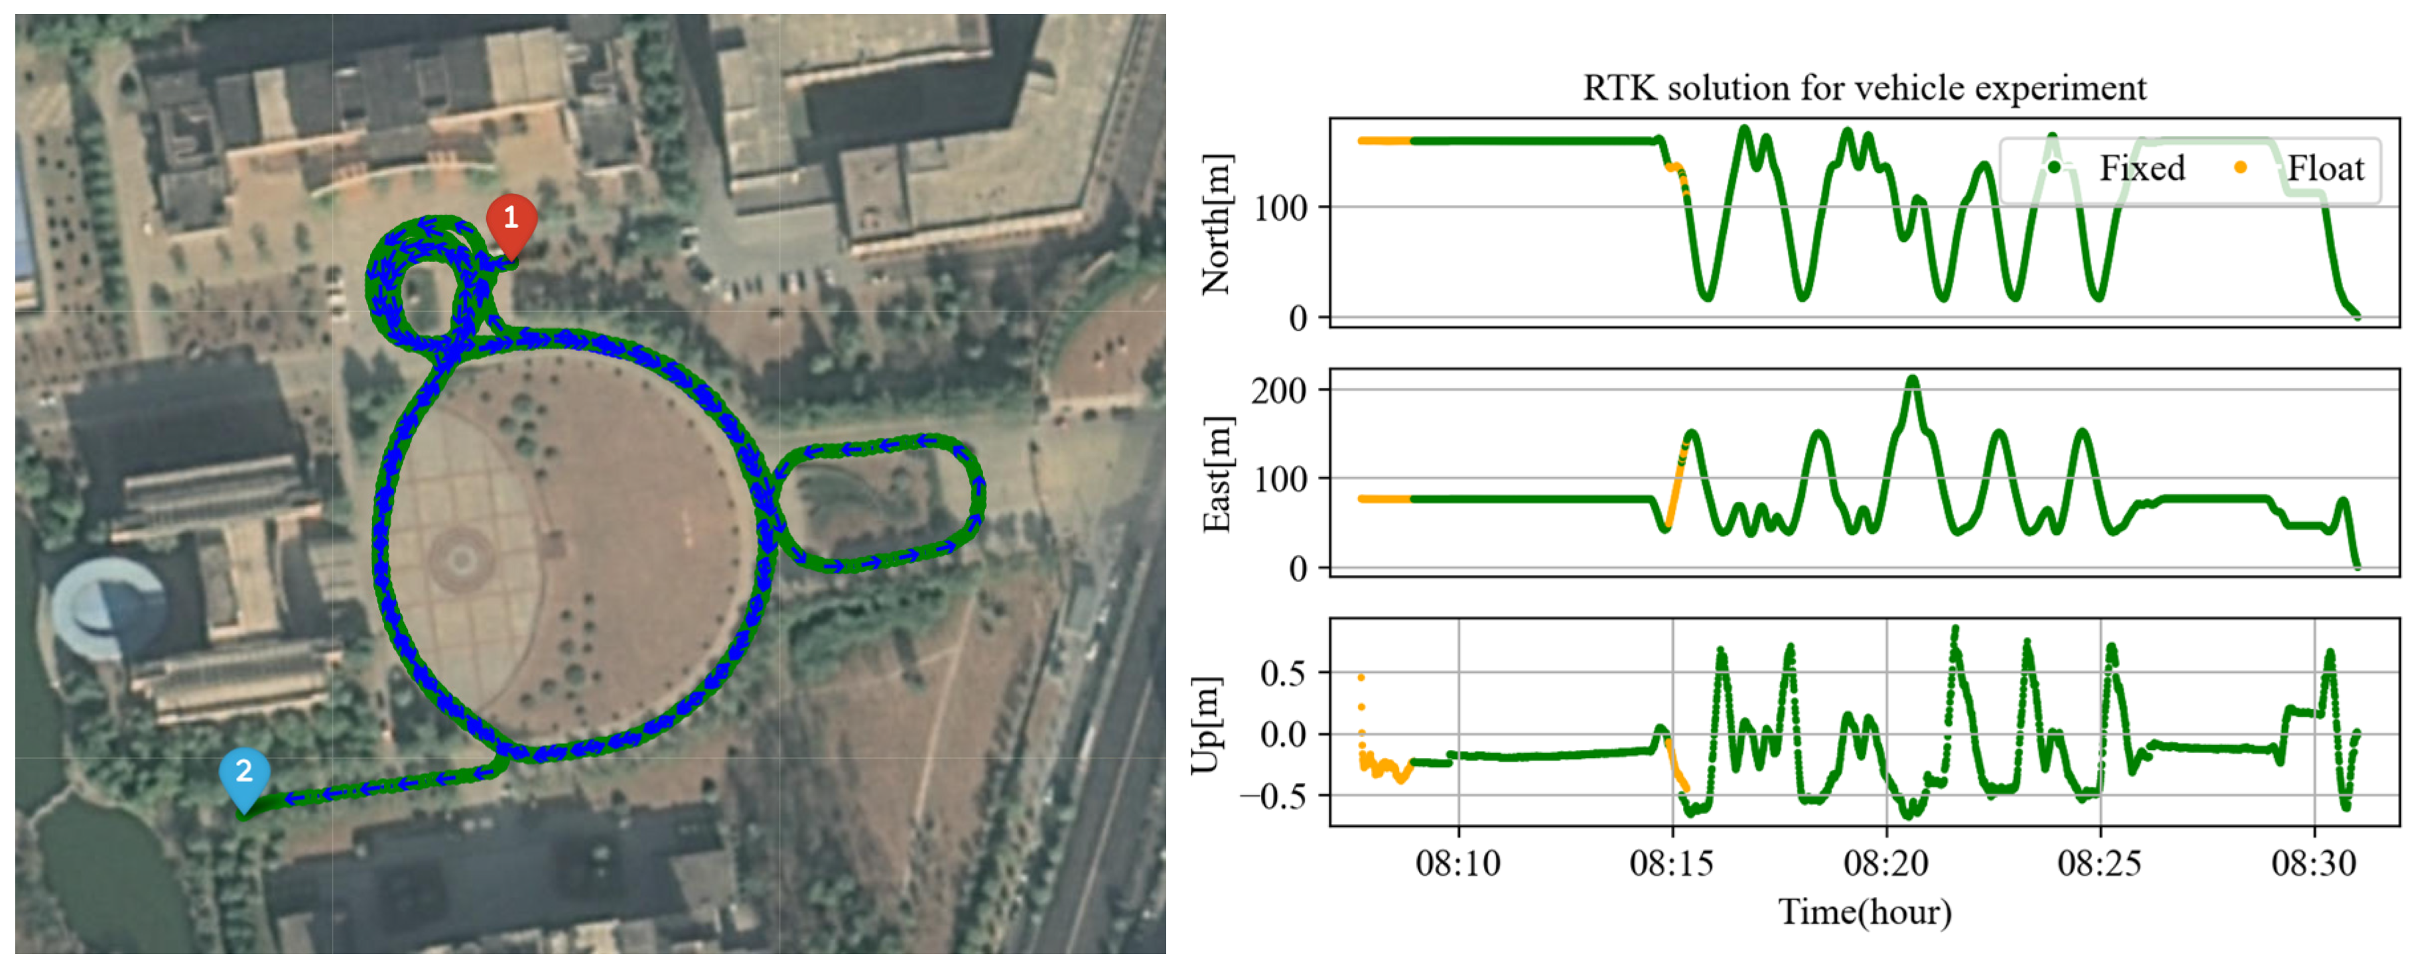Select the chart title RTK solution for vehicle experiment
coord(1863,88)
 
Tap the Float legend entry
coord(2324,168)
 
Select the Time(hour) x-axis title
coord(1864,912)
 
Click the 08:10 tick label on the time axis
coord(1458,863)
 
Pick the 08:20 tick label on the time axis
coord(1886,863)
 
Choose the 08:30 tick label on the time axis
coord(2314,863)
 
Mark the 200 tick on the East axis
coord(1279,391)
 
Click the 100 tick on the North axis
coord(1279,208)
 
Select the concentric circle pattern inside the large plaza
coord(460,560)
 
